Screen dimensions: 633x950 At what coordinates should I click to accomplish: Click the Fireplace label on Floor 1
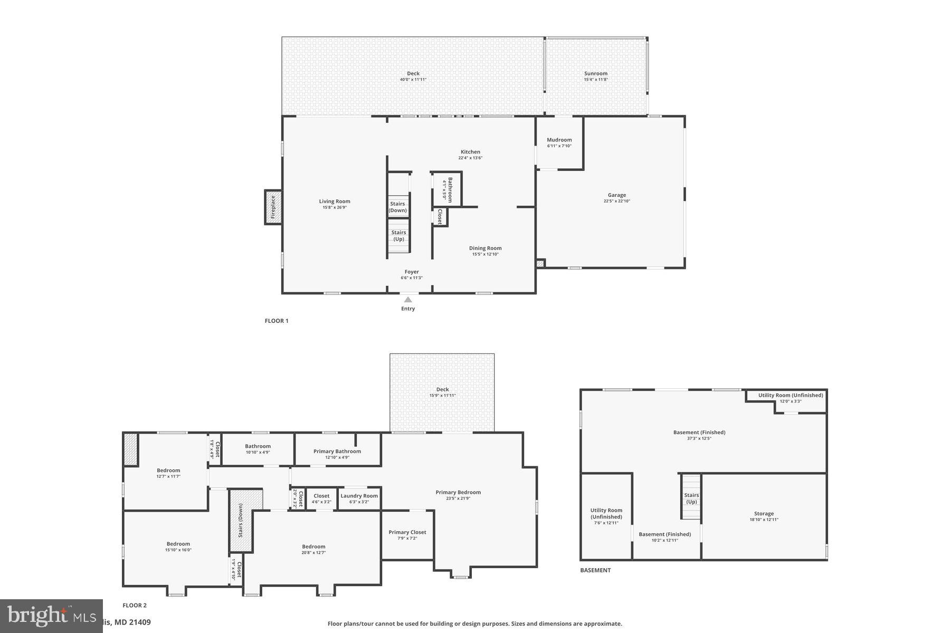pyautogui.click(x=273, y=207)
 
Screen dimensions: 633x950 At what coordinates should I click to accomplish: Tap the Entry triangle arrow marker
pyautogui.click(x=407, y=300)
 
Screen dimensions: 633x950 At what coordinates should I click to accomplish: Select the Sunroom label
pyautogui.click(x=595, y=74)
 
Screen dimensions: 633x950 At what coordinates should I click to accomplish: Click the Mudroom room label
pyautogui.click(x=559, y=140)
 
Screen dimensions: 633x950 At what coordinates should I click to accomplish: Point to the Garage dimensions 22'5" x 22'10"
pyautogui.click(x=616, y=201)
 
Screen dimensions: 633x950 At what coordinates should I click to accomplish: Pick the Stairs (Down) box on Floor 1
pyautogui.click(x=398, y=207)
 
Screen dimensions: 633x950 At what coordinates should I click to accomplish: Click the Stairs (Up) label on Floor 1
pyautogui.click(x=398, y=236)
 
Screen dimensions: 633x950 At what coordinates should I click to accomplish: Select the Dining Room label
pyautogui.click(x=485, y=248)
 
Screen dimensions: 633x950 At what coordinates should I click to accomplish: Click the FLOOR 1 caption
pyautogui.click(x=277, y=321)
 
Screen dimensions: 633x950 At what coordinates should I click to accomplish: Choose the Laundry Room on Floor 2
pyautogui.click(x=359, y=496)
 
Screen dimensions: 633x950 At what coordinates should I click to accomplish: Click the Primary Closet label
pyautogui.click(x=407, y=532)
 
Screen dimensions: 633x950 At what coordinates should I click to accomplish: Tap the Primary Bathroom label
pyautogui.click(x=337, y=452)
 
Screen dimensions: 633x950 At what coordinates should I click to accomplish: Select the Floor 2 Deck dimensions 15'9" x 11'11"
pyautogui.click(x=442, y=396)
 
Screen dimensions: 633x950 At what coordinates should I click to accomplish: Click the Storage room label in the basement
pyautogui.click(x=763, y=514)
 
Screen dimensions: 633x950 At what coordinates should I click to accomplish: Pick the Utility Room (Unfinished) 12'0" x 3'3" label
pyautogui.click(x=790, y=396)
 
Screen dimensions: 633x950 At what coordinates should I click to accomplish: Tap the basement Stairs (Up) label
pyautogui.click(x=691, y=498)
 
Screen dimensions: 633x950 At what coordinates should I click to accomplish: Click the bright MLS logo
pyautogui.click(x=51, y=616)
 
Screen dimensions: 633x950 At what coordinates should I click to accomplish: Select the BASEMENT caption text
pyautogui.click(x=595, y=570)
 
